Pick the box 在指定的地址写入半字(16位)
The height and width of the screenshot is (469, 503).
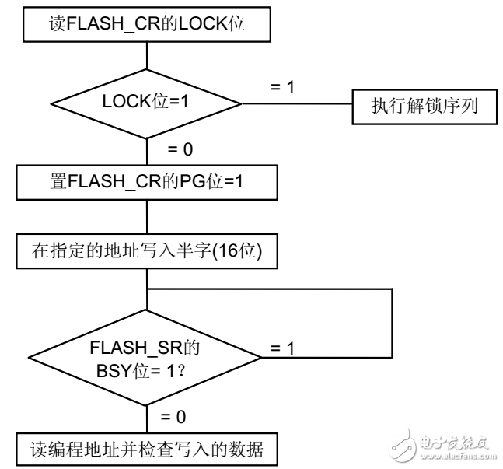(147, 252)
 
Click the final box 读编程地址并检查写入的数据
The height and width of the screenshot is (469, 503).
(147, 449)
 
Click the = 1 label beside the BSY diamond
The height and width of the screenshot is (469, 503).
(281, 350)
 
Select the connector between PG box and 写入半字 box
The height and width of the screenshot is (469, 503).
(147, 219)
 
